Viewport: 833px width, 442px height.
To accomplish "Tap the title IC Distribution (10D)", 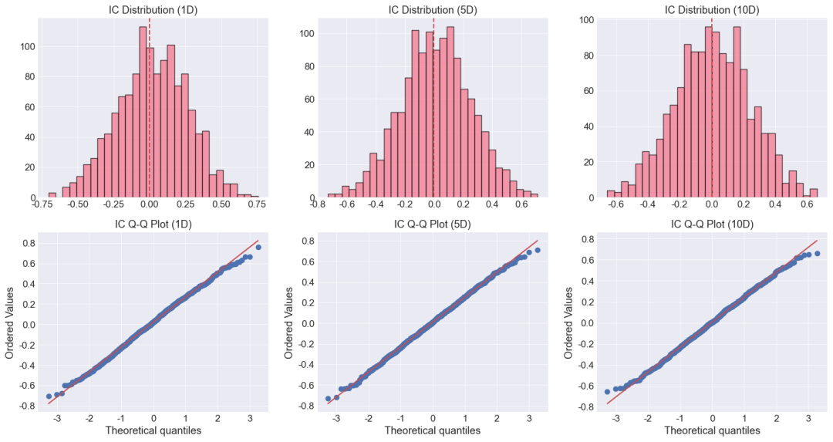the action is [x=713, y=10].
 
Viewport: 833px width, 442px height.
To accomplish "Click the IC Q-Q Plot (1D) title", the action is [x=153, y=224].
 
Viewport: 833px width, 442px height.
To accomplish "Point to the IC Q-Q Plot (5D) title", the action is [x=433, y=224].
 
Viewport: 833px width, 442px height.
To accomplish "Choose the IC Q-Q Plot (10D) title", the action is [x=713, y=224].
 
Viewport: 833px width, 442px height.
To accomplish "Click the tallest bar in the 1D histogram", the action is [x=143, y=112].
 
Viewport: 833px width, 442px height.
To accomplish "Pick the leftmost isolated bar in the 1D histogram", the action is [x=52, y=195].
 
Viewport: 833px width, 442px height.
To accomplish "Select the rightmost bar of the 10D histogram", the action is [x=814, y=194].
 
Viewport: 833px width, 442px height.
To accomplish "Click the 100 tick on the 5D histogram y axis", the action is [x=306, y=33].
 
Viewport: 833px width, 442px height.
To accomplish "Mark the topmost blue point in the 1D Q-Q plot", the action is [x=258, y=247].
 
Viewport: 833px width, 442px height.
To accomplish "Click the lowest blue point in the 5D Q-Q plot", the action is [x=328, y=399].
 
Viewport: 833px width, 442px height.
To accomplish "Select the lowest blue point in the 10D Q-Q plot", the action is [x=607, y=392].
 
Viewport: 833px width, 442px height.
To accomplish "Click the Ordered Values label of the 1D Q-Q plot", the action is [x=9, y=322].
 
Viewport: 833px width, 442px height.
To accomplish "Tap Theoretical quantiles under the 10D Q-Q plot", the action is [x=713, y=430].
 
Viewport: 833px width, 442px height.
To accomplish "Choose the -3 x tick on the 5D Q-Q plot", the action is [x=336, y=419].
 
